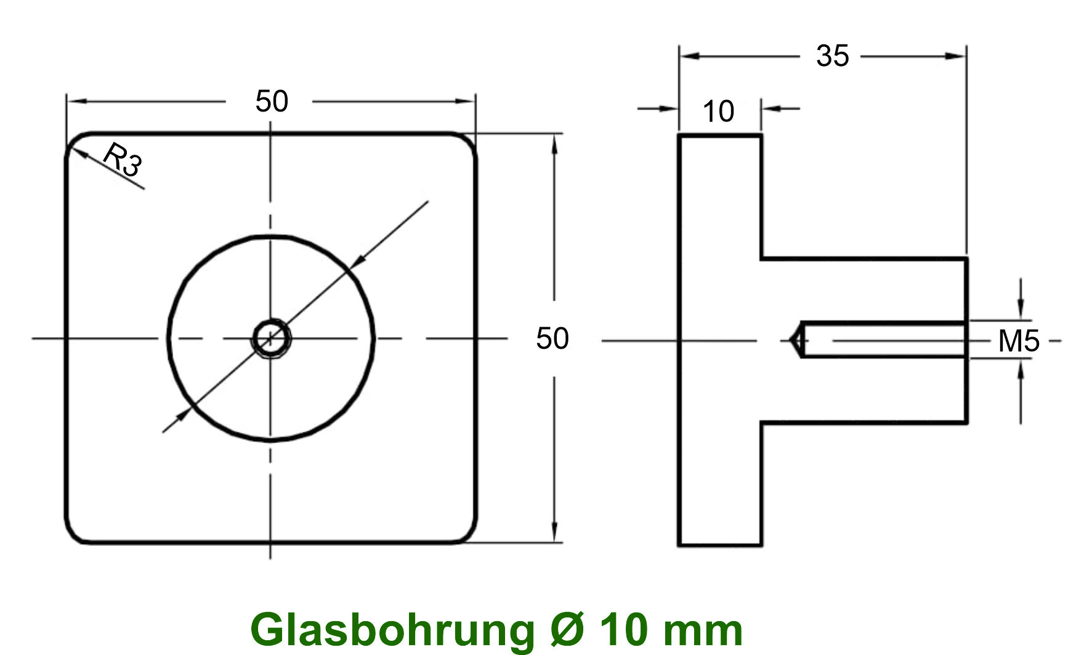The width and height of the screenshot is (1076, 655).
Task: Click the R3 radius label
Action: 123,159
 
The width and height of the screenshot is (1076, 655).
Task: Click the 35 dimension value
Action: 832,56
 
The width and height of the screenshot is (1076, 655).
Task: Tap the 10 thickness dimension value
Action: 718,112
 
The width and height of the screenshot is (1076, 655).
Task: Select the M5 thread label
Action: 1018,341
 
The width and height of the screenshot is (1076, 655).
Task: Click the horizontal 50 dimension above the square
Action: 272,101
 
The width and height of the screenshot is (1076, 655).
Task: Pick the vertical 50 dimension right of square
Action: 552,338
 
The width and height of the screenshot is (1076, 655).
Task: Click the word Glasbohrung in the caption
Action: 392,630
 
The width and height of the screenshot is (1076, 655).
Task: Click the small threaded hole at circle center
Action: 270,338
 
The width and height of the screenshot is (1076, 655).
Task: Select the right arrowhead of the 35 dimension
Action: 956,56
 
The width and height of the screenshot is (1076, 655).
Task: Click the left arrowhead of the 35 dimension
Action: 690,56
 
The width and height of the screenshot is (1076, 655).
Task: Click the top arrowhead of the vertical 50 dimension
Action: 554,143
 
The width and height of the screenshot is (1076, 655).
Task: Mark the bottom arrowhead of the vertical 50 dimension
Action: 554,533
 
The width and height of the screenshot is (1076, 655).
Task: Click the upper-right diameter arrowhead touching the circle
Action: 356,262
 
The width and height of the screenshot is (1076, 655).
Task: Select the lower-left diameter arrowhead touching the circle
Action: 183,415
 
